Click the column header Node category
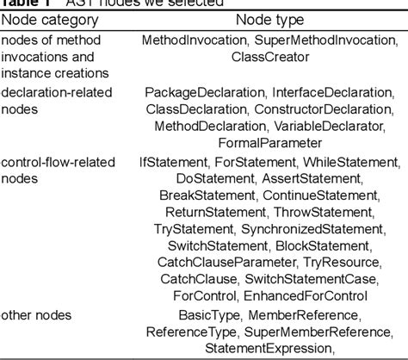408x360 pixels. [50, 19]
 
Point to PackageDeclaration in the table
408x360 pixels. [205, 92]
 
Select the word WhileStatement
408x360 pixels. [349, 161]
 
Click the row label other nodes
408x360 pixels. [37, 314]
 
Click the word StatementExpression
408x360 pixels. [268, 348]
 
